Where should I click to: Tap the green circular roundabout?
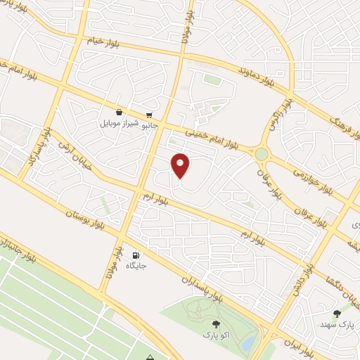[262, 153]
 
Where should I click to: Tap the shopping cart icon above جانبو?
[149, 115]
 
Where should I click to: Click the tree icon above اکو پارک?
[216, 323]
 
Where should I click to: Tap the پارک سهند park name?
[335, 325]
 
